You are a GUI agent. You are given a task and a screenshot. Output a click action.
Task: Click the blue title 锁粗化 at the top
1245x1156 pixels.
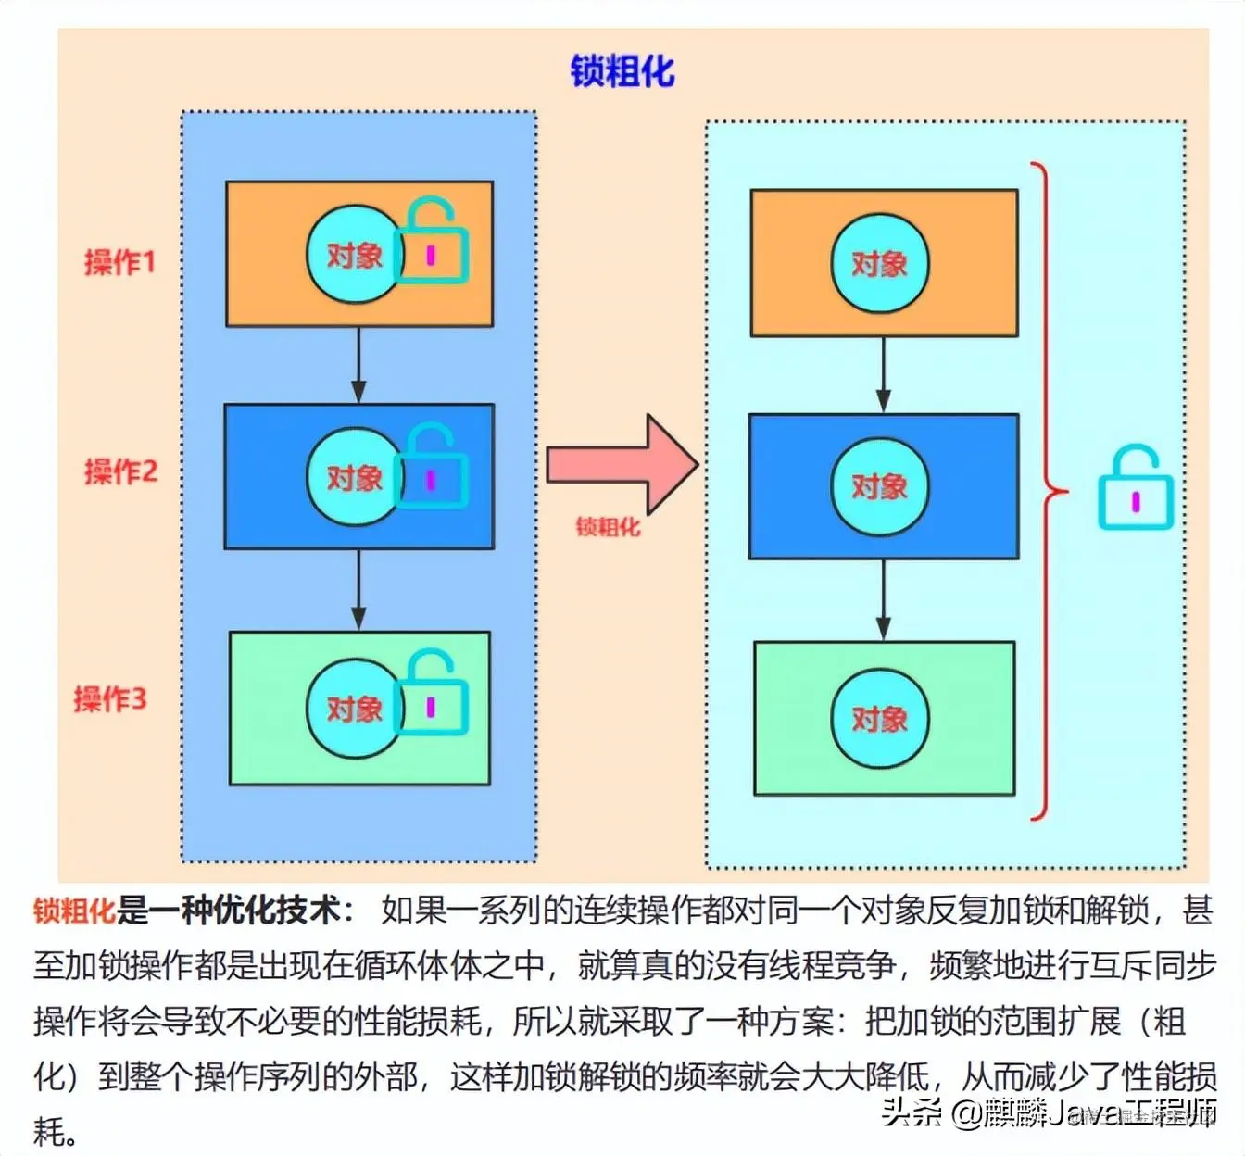point(622,71)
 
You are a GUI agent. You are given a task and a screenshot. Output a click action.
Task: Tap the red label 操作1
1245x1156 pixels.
point(119,262)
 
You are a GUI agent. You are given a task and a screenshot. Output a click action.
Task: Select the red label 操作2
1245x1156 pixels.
point(120,471)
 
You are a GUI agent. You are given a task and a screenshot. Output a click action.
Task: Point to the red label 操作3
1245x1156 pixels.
point(110,698)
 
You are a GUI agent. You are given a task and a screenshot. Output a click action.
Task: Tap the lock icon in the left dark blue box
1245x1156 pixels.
point(433,468)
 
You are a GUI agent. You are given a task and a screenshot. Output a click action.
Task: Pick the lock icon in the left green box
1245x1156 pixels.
point(433,694)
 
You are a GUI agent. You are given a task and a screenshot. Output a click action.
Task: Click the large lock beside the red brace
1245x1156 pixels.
point(1136,488)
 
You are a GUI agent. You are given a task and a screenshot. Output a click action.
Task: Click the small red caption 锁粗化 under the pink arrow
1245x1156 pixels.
point(608,527)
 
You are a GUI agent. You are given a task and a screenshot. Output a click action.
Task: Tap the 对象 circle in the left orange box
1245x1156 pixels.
point(354,254)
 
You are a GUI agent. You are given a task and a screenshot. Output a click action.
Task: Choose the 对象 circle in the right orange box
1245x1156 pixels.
point(879,264)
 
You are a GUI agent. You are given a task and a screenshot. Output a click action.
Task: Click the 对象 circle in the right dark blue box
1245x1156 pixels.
point(879,486)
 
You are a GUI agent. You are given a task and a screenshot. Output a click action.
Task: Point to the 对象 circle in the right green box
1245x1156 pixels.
point(879,719)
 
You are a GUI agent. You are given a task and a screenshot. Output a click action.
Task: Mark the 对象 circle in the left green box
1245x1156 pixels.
point(354,709)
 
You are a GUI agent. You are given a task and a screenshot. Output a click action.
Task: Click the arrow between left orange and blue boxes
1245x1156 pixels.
point(358,365)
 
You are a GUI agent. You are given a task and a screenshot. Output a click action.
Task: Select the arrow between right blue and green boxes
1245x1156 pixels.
point(883,599)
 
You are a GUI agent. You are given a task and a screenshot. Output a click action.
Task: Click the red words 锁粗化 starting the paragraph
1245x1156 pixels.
point(74,911)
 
